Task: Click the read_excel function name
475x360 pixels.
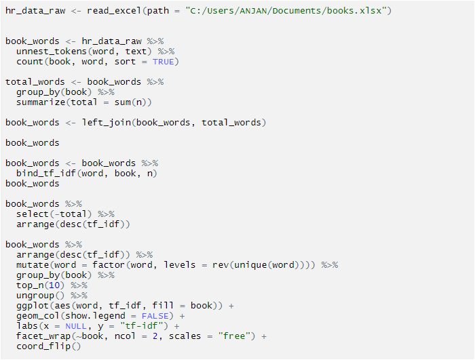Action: pyautogui.click(x=114, y=11)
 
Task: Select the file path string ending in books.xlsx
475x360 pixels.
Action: pyautogui.click(x=286, y=11)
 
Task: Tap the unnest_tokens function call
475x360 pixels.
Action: pyautogui.click(x=84, y=52)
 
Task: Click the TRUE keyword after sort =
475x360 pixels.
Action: pyautogui.click(x=163, y=62)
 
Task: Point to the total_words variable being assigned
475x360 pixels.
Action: pyautogui.click(x=35, y=82)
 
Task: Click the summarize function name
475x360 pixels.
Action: pyautogui.click(x=41, y=102)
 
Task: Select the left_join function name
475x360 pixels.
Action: pyautogui.click(x=107, y=123)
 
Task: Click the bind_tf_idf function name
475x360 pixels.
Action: pyautogui.click(x=45, y=174)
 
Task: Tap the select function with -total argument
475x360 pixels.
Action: pyautogui.click(x=54, y=214)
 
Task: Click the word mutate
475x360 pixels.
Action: pyautogui.click(x=33, y=265)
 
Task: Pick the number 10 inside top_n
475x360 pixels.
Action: pyautogui.click(x=54, y=285)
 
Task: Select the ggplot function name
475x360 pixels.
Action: pyautogui.click(x=33, y=306)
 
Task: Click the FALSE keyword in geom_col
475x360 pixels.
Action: pyautogui.click(x=155, y=316)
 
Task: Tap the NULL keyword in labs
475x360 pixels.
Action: pyautogui.click(x=76, y=326)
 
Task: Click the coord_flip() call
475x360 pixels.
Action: pyautogui.click(x=48, y=346)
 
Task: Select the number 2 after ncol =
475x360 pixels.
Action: pyautogui.click(x=155, y=336)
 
